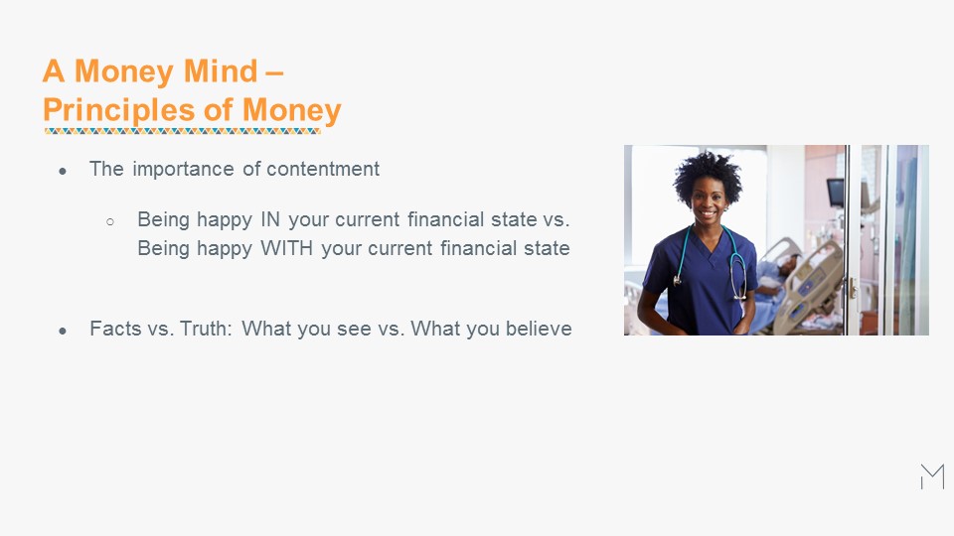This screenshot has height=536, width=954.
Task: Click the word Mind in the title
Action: coord(221,71)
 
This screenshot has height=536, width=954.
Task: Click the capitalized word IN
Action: coord(270,219)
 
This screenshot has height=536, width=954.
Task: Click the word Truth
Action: coord(206,329)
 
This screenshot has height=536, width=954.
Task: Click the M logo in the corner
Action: coord(932,476)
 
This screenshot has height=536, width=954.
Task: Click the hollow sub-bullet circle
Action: coord(110,221)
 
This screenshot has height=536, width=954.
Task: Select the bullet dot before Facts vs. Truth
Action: coord(63,332)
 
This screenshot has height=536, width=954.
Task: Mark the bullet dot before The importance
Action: coord(63,172)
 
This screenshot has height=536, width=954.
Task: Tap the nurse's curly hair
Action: coord(708,175)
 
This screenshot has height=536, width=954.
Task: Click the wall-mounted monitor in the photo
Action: coord(836,192)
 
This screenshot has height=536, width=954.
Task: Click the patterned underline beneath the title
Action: coord(183,131)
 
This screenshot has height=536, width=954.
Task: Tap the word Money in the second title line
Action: coord(292,110)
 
